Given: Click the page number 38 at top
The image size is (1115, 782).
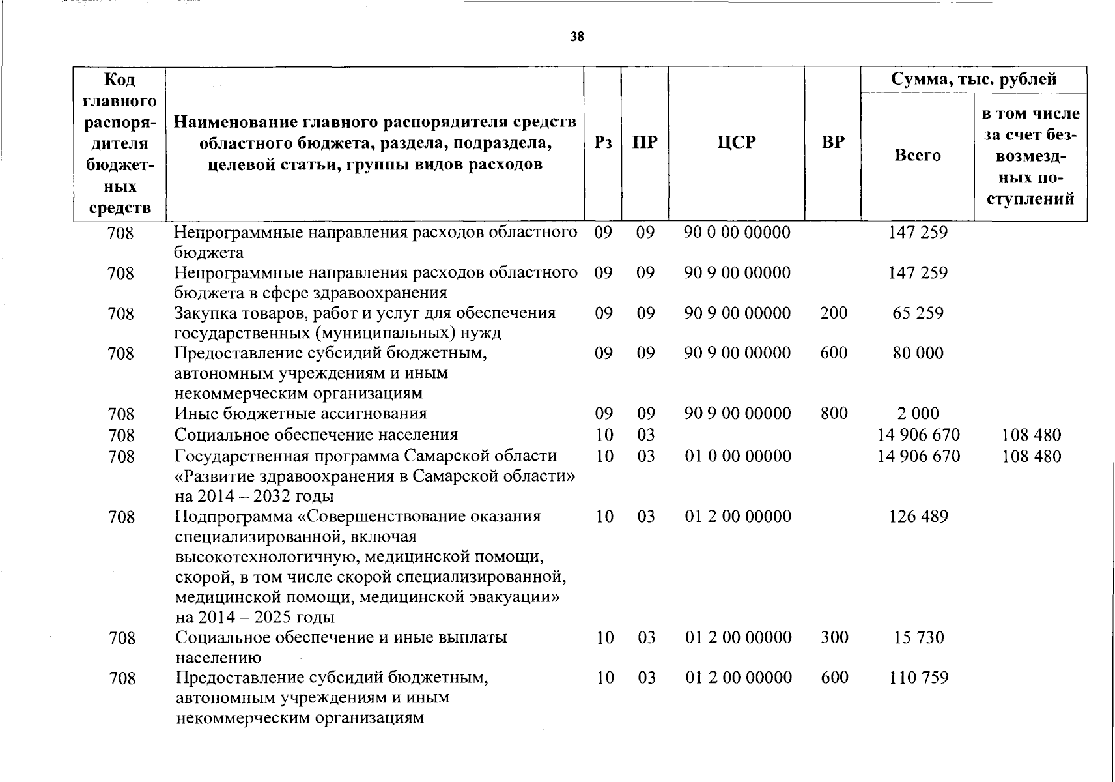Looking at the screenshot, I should pyautogui.click(x=577, y=37).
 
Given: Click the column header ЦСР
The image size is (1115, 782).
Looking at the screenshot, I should pyautogui.click(x=737, y=143).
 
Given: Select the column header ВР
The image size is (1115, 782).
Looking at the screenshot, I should pyautogui.click(x=833, y=143).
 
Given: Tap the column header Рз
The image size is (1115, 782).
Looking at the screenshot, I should pyautogui.click(x=603, y=143).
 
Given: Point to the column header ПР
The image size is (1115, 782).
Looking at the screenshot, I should pyautogui.click(x=645, y=143).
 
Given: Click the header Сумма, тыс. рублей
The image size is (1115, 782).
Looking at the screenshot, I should pyautogui.click(x=974, y=80).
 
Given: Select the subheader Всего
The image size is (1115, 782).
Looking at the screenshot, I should pyautogui.click(x=918, y=156).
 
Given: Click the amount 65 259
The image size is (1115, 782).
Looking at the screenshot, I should pyautogui.click(x=918, y=313).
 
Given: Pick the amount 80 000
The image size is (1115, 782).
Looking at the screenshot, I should pyautogui.click(x=918, y=353).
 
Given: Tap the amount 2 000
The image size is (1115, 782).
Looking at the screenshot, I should pyautogui.click(x=918, y=414).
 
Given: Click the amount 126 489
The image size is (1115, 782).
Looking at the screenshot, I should pyautogui.click(x=918, y=517).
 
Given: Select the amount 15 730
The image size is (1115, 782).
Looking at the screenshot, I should pyautogui.click(x=918, y=637).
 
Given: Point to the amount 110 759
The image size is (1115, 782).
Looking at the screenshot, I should pyautogui.click(x=918, y=678).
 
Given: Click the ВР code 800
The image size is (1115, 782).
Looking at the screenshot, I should pyautogui.click(x=834, y=414).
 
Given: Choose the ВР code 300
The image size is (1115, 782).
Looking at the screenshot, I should pyautogui.click(x=834, y=637).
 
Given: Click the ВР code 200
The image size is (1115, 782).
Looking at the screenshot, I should pyautogui.click(x=834, y=313).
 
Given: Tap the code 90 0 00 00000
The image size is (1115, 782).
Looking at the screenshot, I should pyautogui.click(x=737, y=233).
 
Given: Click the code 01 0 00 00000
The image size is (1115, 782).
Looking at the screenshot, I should pyautogui.click(x=738, y=456).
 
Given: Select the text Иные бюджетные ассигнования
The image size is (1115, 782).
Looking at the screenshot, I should pyautogui.click(x=300, y=414).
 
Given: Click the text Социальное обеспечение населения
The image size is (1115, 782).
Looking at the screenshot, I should pyautogui.click(x=316, y=435).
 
